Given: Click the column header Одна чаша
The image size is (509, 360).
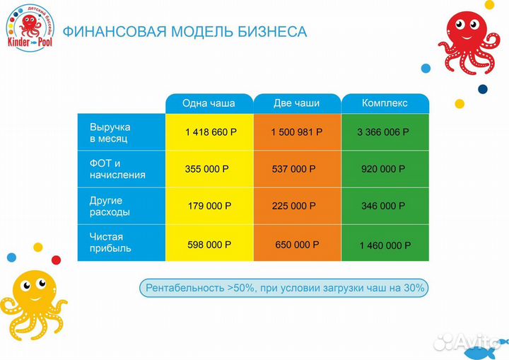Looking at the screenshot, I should click(209, 103).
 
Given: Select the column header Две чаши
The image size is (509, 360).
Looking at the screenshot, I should click(296, 103).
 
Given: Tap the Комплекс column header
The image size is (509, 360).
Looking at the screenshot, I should click(385, 103).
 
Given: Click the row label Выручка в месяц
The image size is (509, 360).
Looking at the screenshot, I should click(110, 132).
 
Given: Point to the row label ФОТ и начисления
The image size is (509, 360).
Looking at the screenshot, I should click(117, 169).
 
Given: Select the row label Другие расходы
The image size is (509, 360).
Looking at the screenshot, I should click(110, 206).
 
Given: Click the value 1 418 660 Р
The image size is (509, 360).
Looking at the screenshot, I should click(211, 132).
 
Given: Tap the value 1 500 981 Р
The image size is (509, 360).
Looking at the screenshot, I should click(297, 132).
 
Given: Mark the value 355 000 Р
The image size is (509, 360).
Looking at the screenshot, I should click(210, 169).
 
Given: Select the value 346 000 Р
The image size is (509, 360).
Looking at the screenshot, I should click(383, 207).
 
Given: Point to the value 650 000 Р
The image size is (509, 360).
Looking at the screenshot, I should click(297, 244).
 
